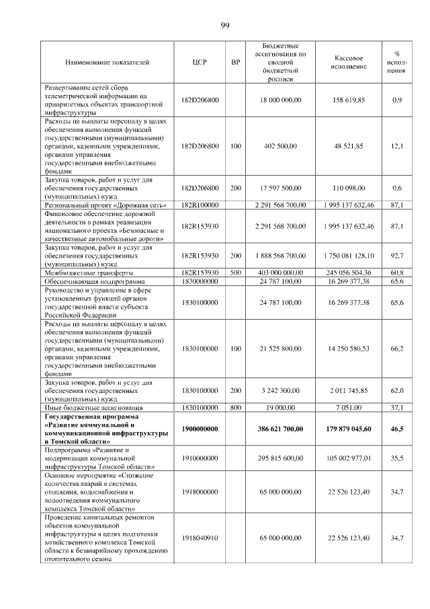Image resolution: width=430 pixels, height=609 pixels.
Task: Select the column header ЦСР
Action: tap(200, 63)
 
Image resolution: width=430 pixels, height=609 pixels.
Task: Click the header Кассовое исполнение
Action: tap(349, 63)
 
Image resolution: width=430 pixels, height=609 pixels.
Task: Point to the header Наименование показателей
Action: tap(107, 63)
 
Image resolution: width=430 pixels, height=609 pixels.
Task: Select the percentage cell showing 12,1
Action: tap(397, 145)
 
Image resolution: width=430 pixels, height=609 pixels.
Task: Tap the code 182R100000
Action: tap(200, 204)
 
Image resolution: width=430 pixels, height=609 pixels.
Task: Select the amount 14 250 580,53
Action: tap(349, 349)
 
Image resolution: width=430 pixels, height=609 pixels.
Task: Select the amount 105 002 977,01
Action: tap(349, 458)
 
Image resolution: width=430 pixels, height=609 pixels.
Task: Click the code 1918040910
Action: tap(200, 538)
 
